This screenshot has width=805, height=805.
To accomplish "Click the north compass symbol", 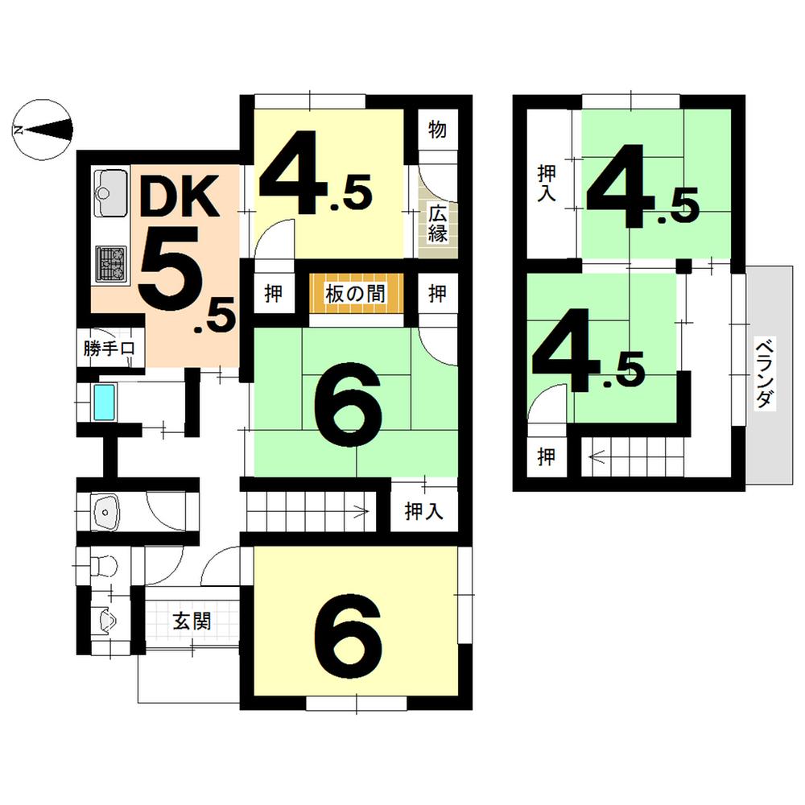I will [x=43, y=129].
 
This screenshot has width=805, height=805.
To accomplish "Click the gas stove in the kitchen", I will [x=111, y=262].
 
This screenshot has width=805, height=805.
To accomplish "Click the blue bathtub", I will [x=104, y=402].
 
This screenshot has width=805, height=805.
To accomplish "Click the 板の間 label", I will [x=356, y=294].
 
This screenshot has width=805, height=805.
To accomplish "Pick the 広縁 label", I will [x=437, y=225].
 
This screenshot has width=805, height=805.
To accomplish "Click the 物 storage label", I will [x=437, y=130].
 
